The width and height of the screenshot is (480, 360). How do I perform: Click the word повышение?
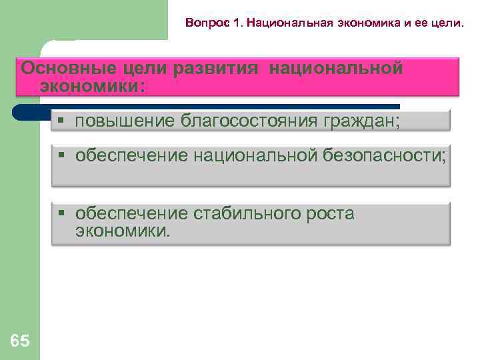pyautogui.click(x=125, y=121)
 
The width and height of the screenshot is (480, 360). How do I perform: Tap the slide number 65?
pyautogui.click(x=20, y=342)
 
